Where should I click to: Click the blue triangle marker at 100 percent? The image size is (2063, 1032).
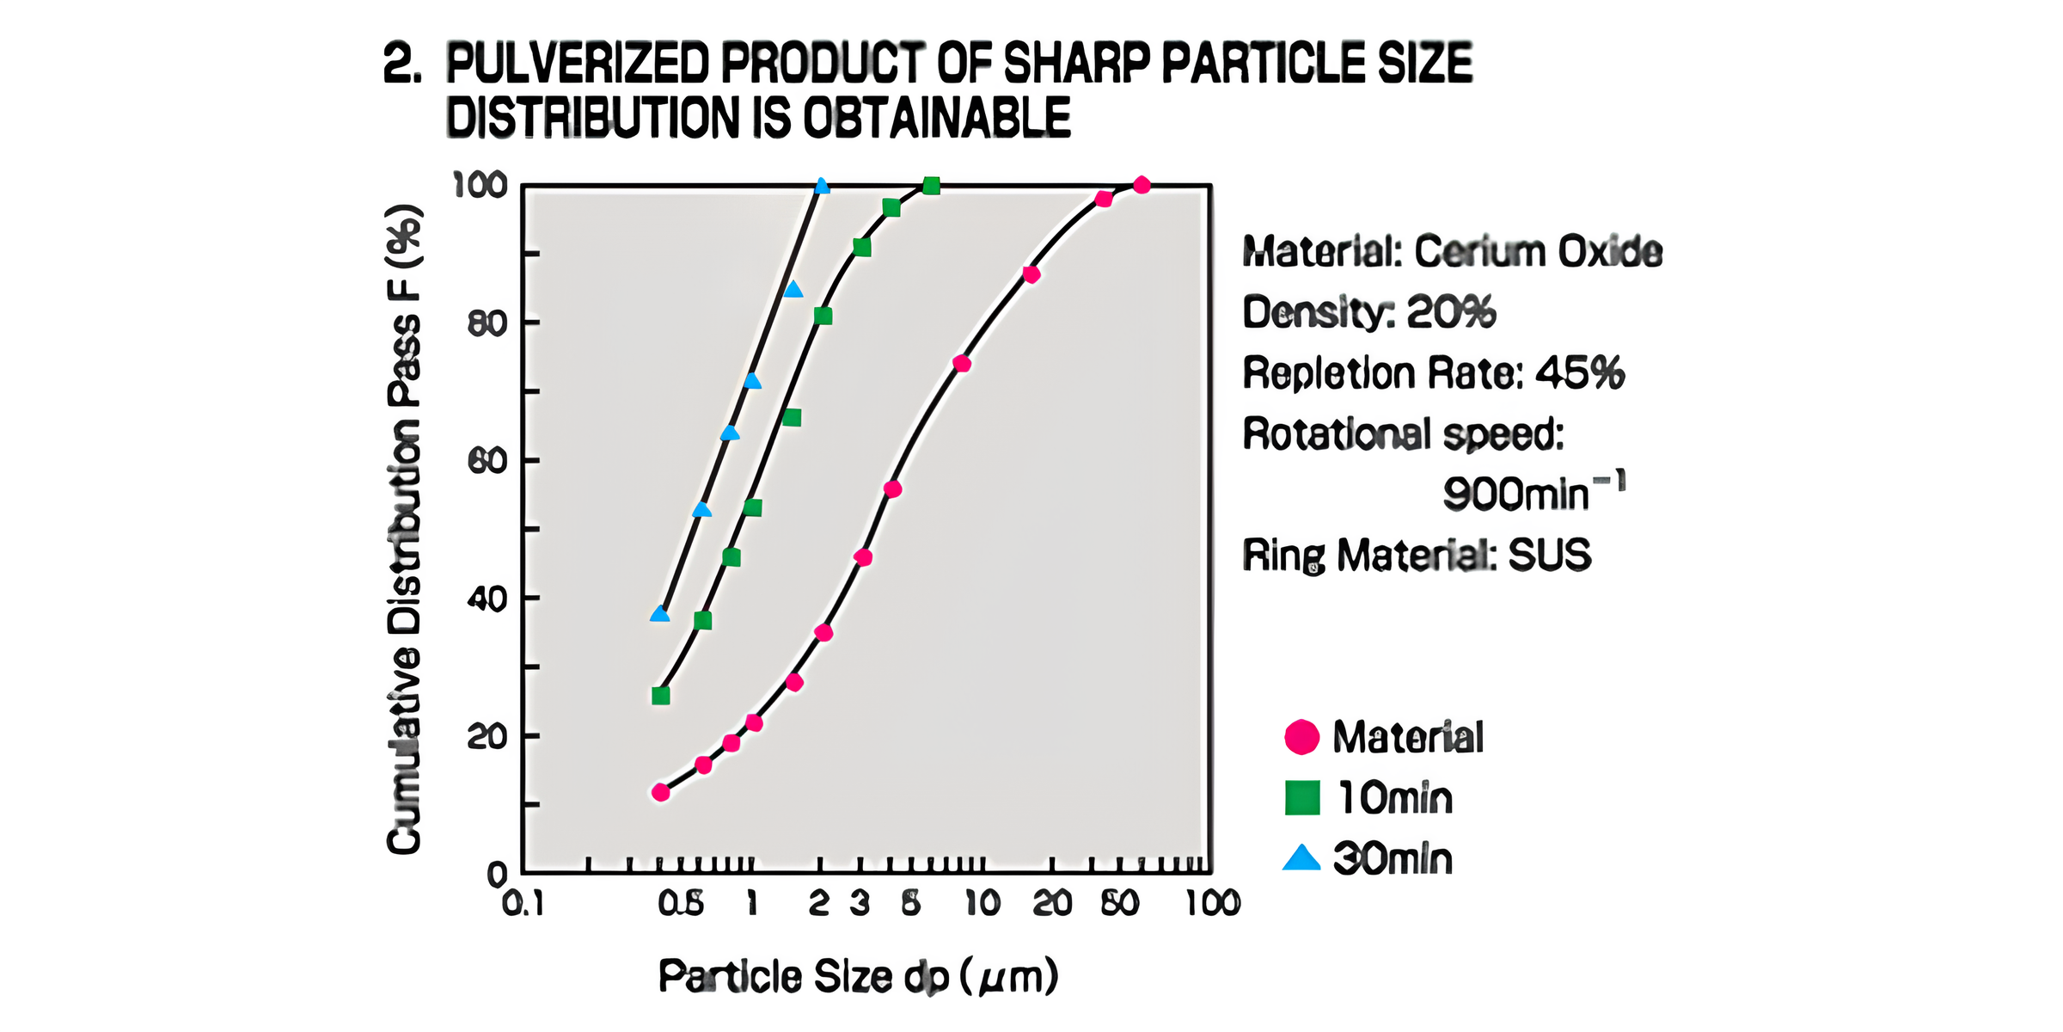click(x=822, y=186)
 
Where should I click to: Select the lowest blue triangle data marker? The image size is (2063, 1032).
click(x=660, y=614)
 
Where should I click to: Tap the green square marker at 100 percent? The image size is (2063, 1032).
click(x=931, y=186)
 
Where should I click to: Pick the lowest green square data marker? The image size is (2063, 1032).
click(x=660, y=696)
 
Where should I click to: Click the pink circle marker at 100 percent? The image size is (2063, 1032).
click(x=1142, y=185)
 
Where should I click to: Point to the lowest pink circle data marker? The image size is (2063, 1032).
click(x=660, y=792)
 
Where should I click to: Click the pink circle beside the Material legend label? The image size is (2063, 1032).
click(x=1301, y=737)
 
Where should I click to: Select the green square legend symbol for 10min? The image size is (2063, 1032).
click(x=1301, y=797)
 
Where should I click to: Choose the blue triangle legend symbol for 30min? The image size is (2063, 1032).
click(x=1301, y=858)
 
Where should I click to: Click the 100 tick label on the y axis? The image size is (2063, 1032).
click(x=480, y=185)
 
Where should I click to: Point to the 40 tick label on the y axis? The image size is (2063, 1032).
click(x=487, y=599)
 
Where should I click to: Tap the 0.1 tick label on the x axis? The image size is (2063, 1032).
click(x=523, y=904)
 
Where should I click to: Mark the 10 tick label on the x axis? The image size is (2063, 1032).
click(x=982, y=904)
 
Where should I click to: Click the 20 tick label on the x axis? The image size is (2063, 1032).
click(x=1051, y=904)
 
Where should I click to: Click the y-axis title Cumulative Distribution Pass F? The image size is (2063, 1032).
click(x=404, y=529)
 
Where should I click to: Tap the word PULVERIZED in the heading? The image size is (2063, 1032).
click(x=577, y=64)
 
